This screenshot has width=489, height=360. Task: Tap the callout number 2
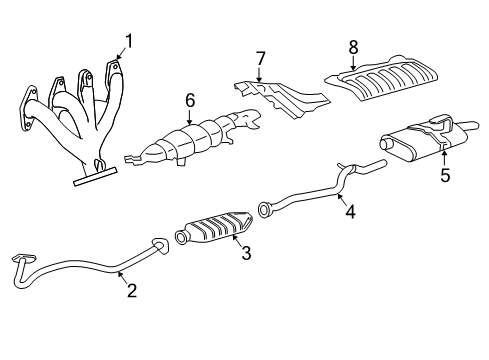tap(129, 291)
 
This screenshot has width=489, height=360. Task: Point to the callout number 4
tap(350, 211)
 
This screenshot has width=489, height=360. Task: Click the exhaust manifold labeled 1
tap(75, 120)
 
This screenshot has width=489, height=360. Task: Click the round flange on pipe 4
tap(267, 210)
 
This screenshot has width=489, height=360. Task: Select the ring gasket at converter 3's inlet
tap(181, 238)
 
